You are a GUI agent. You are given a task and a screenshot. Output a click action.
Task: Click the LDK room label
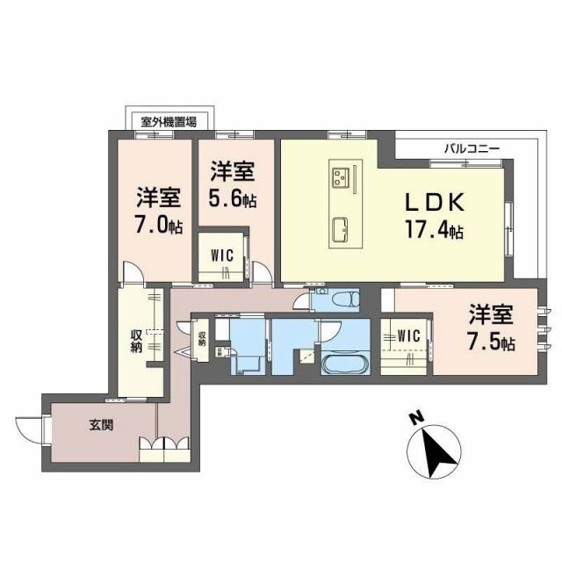tap(432, 203)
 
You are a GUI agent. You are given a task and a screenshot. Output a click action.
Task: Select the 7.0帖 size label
tap(159, 226)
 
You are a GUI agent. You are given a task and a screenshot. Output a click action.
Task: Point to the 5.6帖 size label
tap(233, 200)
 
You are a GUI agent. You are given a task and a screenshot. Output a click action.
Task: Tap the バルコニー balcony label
tap(472, 149)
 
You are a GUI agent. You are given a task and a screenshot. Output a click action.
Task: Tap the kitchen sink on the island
tap(341, 231)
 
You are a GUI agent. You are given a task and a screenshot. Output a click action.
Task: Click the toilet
tap(345, 299)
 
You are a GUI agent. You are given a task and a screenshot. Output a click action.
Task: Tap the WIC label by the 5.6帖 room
tap(221, 256)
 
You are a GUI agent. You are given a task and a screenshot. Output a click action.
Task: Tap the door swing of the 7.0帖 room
tap(131, 274)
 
